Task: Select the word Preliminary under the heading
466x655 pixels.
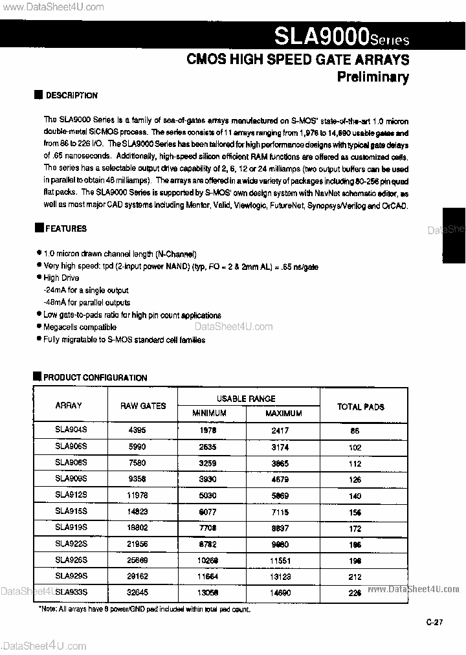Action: [373, 77]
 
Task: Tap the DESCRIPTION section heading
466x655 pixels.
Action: [71, 95]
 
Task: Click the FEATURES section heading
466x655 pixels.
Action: [65, 228]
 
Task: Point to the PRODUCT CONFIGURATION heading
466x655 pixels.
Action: [94, 377]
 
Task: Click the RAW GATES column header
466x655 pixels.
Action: [143, 406]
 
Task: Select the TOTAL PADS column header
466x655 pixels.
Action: [361, 406]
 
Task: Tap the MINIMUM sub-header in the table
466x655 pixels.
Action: [208, 413]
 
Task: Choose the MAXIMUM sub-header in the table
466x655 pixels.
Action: [283, 413]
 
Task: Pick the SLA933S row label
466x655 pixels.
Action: [71, 592]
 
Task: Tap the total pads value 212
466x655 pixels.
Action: [355, 575]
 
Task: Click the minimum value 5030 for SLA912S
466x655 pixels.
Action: [208, 495]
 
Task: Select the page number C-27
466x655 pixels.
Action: [434, 623]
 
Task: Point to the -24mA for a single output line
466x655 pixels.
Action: [86, 291]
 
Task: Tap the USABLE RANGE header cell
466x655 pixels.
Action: [246, 399]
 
